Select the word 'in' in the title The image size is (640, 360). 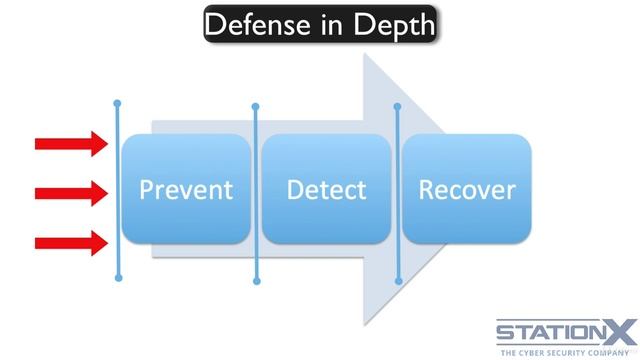click(326, 24)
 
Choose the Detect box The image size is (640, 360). click(326, 215)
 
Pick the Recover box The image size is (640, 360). click(466, 215)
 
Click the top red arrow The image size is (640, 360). click(70, 144)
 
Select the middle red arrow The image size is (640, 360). click(70, 192)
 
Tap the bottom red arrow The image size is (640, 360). click(70, 241)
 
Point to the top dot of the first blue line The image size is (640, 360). click(118, 103)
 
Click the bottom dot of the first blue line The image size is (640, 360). click(118, 278)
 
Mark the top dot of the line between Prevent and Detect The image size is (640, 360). click(256, 106)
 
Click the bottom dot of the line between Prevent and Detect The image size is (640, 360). click(256, 281)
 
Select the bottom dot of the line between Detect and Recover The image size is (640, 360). click(397, 280)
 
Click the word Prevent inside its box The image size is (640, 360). click(185, 189)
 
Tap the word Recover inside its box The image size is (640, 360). click(466, 189)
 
